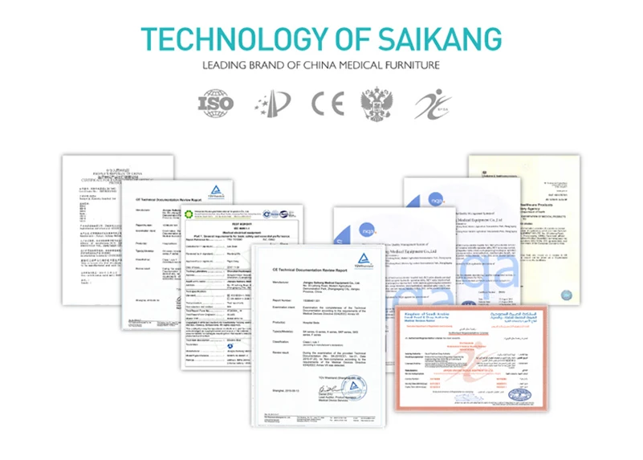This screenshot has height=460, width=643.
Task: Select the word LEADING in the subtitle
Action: pyautogui.click(x=225, y=65)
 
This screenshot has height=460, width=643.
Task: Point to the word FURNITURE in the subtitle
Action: pyautogui.click(x=407, y=65)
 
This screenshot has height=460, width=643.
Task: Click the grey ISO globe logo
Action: pyautogui.click(x=214, y=103)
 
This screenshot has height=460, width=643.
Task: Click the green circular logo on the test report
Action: pyautogui.click(x=191, y=215)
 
